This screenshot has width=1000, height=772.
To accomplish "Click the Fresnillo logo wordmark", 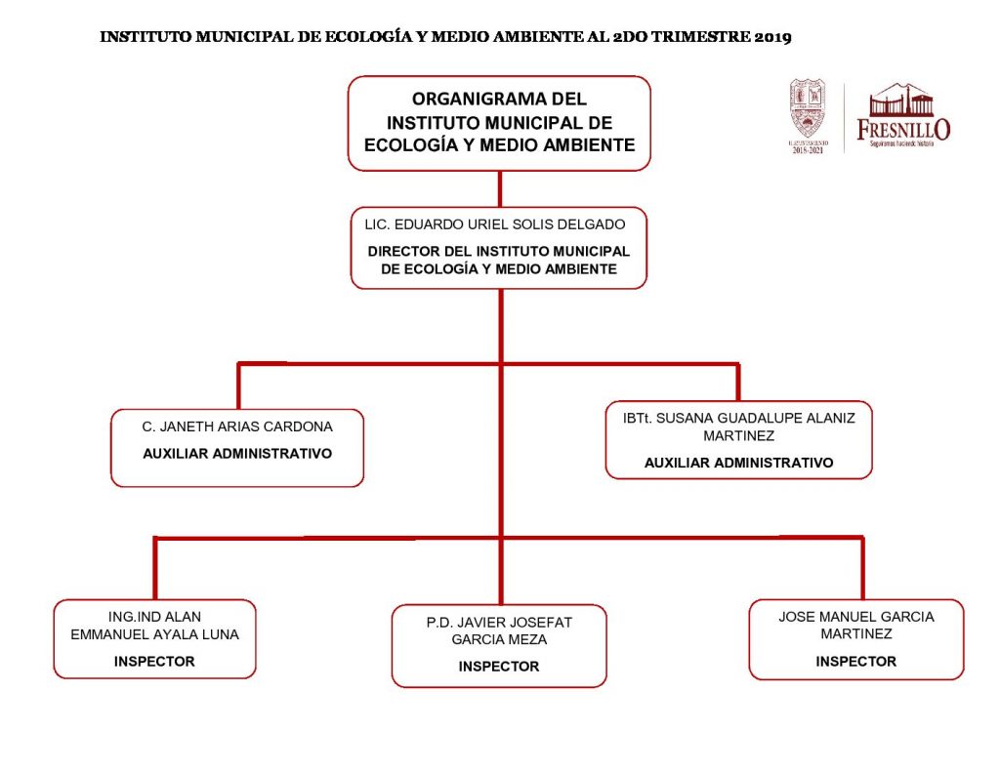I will coord(902,129).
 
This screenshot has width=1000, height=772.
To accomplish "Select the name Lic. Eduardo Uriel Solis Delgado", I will coord(494,224).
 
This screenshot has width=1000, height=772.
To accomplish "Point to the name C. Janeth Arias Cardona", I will coord(237,427).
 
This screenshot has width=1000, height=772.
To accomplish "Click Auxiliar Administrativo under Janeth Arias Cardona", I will coord(237,454).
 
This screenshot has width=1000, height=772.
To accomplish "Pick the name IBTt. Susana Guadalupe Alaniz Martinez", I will coord(738,427).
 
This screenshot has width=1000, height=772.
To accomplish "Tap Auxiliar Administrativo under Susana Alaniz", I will coord(738,463).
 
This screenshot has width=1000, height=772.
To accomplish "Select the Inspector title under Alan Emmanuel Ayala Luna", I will coord(154,661).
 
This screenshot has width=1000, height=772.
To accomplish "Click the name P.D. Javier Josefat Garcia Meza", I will coord(499,630).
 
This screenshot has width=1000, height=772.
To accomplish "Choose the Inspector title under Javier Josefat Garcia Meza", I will coord(499,667).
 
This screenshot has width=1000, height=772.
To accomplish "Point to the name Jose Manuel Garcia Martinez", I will coord(855,625).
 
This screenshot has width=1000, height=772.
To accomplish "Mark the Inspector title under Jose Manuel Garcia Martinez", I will coord(855,661).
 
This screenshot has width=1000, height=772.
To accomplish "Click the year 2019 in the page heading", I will coord(771,38).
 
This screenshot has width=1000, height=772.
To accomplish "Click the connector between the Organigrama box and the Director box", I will coord(500,188).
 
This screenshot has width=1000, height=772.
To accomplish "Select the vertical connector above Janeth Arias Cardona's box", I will coord(238,386).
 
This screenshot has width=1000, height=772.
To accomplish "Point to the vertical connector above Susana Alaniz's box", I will coord(737,383).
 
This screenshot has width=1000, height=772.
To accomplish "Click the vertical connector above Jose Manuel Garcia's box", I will coord(862,568).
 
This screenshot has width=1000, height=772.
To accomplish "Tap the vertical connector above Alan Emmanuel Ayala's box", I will coord(154,568).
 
